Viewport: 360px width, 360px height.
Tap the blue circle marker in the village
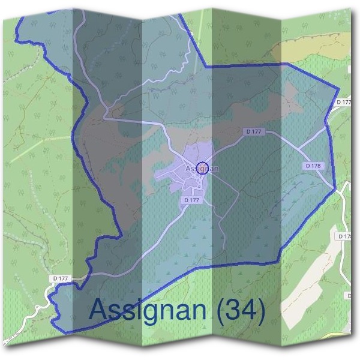point(202,167)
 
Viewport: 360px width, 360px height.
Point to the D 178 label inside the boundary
point(313,165)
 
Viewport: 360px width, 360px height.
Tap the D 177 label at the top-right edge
point(344,103)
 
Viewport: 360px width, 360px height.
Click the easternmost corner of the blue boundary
point(335,188)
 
